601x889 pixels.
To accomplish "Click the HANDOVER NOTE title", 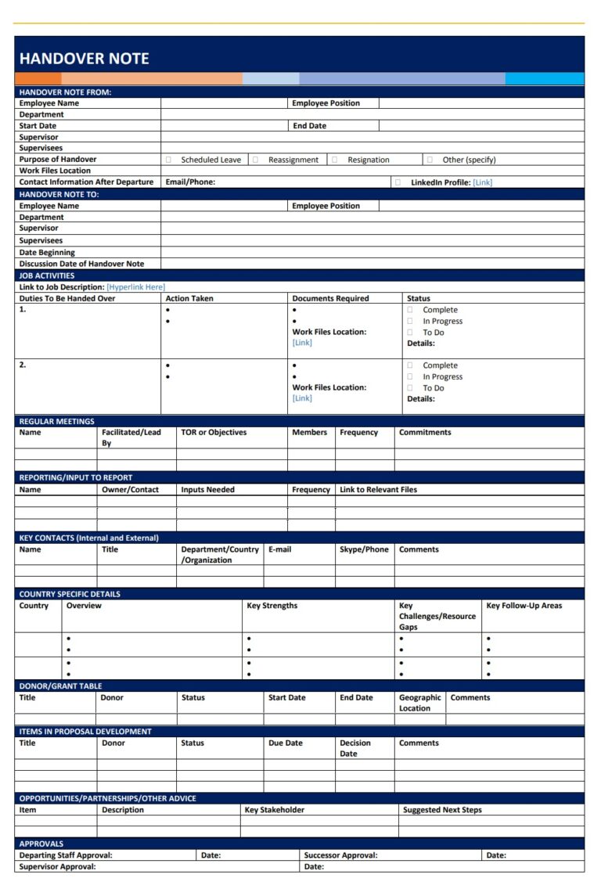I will (x=84, y=59).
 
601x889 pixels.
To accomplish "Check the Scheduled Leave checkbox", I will (x=168, y=160).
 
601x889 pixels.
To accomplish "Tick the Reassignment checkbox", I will (x=255, y=160).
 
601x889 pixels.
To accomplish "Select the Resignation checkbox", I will (x=334, y=160).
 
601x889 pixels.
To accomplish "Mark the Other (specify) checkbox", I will (x=430, y=160).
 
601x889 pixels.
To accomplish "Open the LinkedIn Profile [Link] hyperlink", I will (x=483, y=182).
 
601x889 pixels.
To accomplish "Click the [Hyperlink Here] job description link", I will (x=135, y=287).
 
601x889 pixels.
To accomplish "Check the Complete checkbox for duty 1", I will (x=410, y=310).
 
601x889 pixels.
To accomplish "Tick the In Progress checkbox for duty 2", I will (x=410, y=376).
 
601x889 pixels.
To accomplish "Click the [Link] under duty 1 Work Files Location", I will (x=302, y=343).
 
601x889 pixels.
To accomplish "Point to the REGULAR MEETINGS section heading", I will (x=56, y=422).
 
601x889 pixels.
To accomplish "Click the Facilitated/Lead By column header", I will (x=131, y=437).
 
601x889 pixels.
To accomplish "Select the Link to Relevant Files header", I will (x=378, y=490).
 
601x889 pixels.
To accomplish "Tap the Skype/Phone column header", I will (x=364, y=549).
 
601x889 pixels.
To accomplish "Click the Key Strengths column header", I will (x=272, y=606).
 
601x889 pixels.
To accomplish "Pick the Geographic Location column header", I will (x=419, y=703).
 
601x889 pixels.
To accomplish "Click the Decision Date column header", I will (x=354, y=748).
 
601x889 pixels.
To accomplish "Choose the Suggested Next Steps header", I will (x=442, y=810).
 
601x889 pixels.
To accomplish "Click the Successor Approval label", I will (x=340, y=855).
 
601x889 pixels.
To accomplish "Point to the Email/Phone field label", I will (x=190, y=182).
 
